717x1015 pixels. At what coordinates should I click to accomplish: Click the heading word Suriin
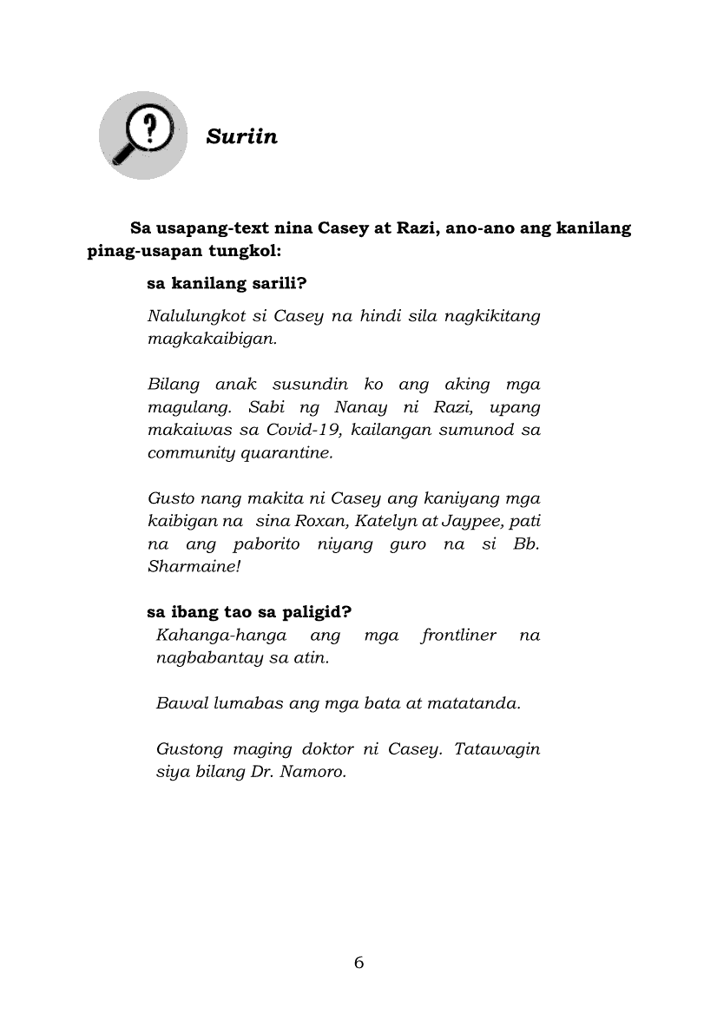click(x=242, y=136)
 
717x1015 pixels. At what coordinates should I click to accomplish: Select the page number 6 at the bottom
click(x=358, y=962)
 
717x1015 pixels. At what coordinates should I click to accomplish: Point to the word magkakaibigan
click(x=213, y=339)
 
